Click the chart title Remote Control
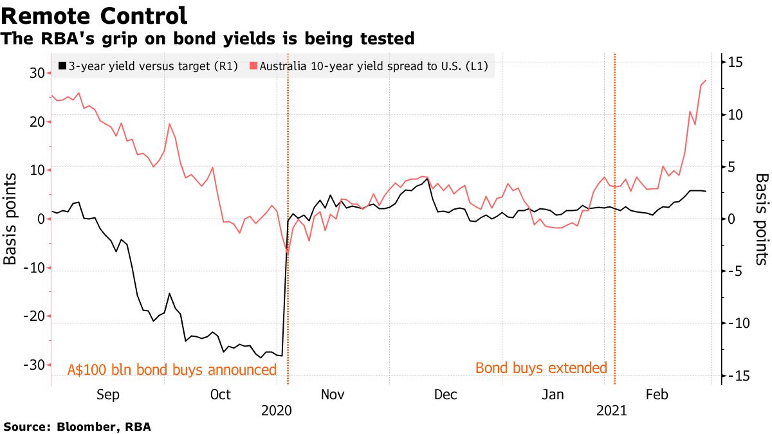click(x=96, y=15)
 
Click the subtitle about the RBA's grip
click(x=208, y=39)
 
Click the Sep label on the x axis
click(x=107, y=394)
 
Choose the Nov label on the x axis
click(x=333, y=394)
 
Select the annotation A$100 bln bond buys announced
click(x=172, y=370)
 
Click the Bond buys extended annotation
click(x=541, y=368)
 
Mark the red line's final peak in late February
click(x=706, y=80)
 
